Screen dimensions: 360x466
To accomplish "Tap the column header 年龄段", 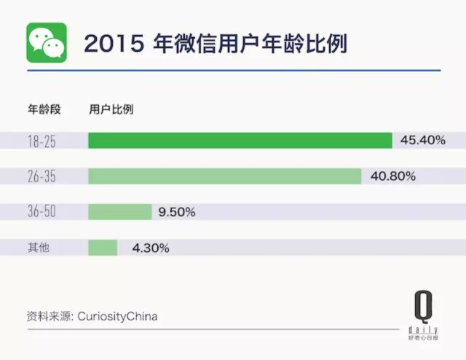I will (x=44, y=110).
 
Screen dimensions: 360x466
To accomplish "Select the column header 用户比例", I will (x=111, y=110).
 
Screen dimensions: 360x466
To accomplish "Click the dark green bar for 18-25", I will (x=240, y=141).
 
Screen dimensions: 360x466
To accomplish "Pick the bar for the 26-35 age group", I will (x=224, y=176).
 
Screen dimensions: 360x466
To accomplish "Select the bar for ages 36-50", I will (x=119, y=212).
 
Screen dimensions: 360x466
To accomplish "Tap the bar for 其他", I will (x=103, y=248).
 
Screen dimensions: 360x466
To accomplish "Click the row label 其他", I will (x=38, y=248).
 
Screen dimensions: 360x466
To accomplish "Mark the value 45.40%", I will (x=422, y=141).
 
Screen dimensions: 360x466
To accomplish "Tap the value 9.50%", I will (x=177, y=212).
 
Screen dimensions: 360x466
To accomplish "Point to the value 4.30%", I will (x=151, y=248).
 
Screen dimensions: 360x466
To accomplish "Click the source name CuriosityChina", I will (x=121, y=316).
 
